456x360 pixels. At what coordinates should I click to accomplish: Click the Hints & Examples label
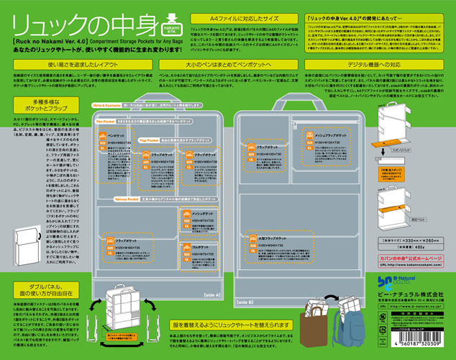pos(109,104)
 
